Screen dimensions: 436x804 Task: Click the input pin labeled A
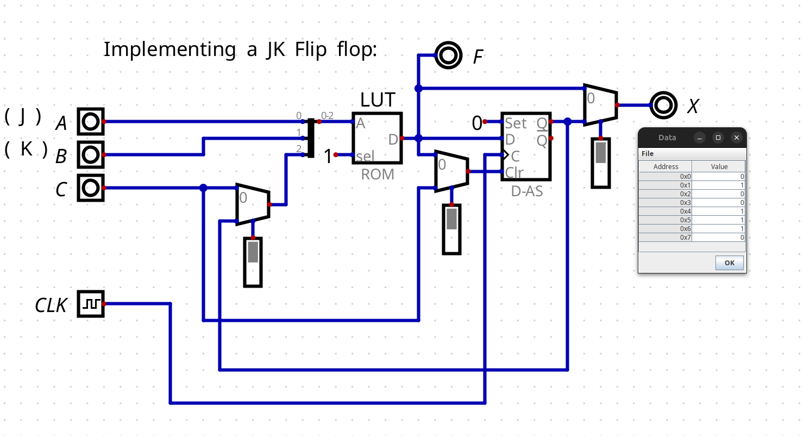[90, 121]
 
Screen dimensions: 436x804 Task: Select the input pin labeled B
[90, 154]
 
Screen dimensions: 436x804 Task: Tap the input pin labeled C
[90, 188]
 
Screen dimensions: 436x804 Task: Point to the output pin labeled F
[448, 55]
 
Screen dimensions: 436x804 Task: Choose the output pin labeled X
[663, 105]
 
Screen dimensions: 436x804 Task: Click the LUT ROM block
[377, 138]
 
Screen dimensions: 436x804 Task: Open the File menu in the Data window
[648, 154]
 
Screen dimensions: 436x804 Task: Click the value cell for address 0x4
[719, 211]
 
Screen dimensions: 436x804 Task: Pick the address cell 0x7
[665, 238]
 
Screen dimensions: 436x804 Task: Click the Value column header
[719, 166]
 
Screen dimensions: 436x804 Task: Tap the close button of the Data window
[736, 138]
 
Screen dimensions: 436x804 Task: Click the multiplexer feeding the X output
[600, 105]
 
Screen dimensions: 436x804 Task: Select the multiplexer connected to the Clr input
[451, 171]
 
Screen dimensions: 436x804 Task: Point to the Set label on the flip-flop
[516, 123]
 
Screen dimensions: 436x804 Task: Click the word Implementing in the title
[169, 49]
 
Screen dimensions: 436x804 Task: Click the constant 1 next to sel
[328, 157]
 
